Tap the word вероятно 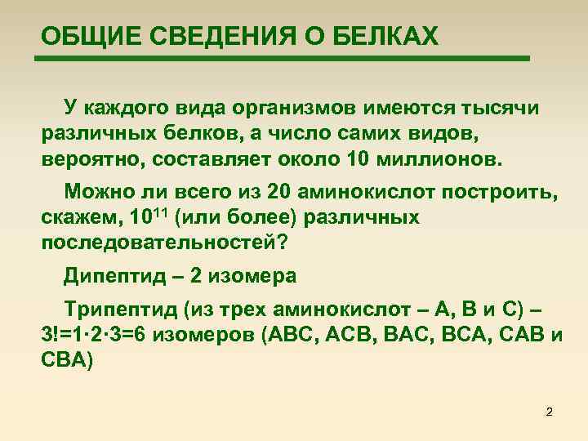coord(87,157)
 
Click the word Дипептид coord(112,277)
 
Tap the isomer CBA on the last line coord(63,359)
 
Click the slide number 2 coord(549,412)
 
